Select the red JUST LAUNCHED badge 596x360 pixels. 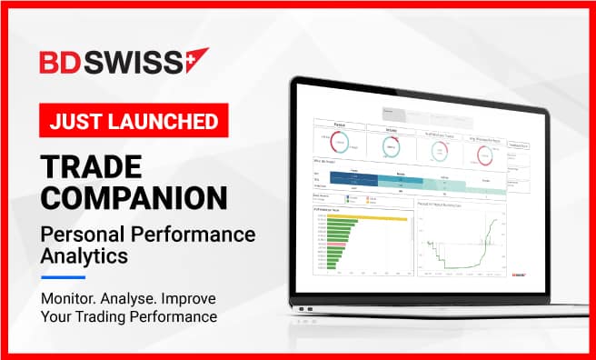[133, 119]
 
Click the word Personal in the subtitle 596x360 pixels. [80, 235]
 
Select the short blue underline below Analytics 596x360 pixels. [63, 278]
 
